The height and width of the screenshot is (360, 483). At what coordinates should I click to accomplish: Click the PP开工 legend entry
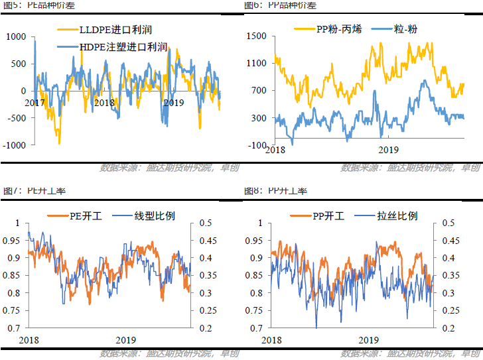tap(325, 217)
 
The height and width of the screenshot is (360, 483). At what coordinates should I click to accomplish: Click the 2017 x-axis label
tap(34, 103)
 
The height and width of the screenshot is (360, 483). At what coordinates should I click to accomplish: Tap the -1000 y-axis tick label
tap(15, 145)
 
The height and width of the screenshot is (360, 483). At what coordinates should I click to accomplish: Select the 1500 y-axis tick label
tap(255, 36)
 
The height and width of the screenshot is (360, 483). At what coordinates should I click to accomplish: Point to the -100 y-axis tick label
tap(257, 145)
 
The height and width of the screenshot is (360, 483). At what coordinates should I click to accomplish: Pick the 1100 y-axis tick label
tap(255, 64)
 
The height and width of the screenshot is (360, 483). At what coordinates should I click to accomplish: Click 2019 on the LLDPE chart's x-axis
tap(173, 103)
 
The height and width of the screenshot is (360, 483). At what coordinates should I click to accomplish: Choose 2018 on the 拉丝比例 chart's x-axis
tap(272, 339)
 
